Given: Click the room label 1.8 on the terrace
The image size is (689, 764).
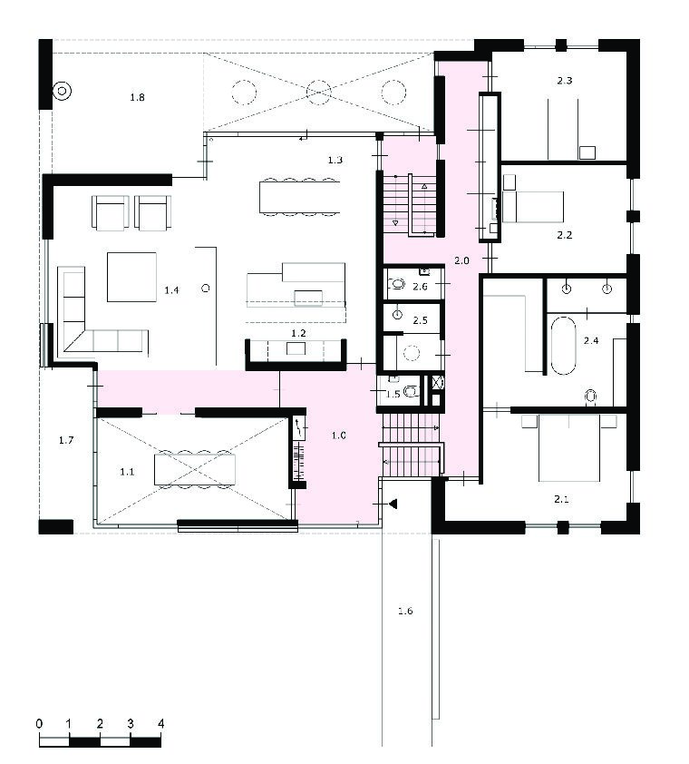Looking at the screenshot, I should (x=137, y=96).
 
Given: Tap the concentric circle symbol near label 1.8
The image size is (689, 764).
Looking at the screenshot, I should (x=62, y=91).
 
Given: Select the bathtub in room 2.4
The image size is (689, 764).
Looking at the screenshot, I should (x=563, y=345).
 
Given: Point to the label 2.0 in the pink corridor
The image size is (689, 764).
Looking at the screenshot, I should (x=461, y=260).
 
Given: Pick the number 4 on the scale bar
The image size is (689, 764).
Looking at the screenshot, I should (x=160, y=724).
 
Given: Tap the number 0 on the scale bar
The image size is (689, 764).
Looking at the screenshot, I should (x=40, y=724).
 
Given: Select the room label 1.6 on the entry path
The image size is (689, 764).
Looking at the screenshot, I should (x=404, y=611).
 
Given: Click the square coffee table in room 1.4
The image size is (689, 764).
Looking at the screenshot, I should (x=131, y=277).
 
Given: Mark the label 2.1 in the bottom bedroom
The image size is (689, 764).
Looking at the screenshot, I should (x=562, y=499).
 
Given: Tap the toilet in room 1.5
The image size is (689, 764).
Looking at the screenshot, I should (x=410, y=391).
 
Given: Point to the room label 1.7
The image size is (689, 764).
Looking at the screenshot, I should (x=65, y=440).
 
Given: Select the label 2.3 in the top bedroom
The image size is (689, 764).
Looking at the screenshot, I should (x=564, y=81).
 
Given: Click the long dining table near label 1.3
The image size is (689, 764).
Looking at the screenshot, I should (x=300, y=197).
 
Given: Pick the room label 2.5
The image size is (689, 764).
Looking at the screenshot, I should (x=420, y=320).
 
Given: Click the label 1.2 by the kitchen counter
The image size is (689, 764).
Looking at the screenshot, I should (x=297, y=334).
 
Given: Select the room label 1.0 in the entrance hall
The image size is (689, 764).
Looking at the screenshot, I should (x=338, y=436).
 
